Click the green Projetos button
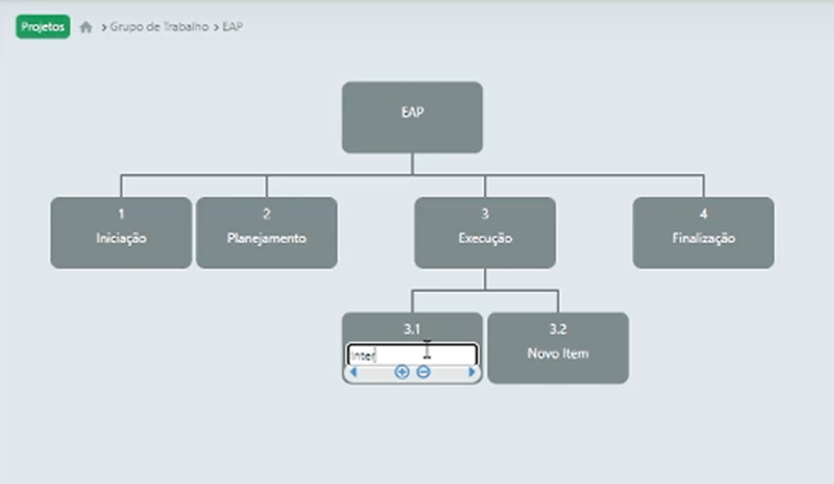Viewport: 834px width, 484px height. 43,27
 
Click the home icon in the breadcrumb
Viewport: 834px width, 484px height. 86,28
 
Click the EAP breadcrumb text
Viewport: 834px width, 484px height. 232,27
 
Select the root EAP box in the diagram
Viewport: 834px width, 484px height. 412,117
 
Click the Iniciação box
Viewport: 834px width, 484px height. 121,233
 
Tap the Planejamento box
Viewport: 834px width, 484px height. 267,233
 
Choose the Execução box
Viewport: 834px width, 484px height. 484,233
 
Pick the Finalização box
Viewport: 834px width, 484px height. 703,233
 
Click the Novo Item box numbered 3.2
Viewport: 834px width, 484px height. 558,348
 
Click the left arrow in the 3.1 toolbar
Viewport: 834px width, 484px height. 353,372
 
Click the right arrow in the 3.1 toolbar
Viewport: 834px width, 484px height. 471,372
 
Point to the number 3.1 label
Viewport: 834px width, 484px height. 412,330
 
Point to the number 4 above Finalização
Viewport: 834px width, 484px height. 703,214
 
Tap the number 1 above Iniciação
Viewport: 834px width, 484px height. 121,214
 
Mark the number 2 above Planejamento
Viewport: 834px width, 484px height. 267,214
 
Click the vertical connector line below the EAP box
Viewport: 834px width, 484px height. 412,164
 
